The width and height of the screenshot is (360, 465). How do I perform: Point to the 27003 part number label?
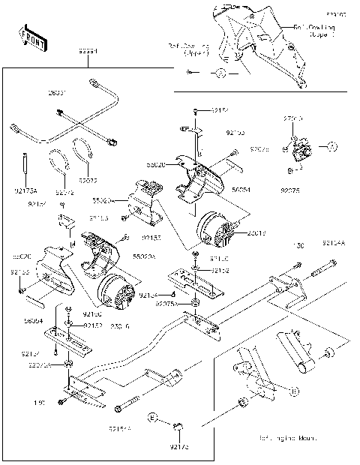[x=292, y=119]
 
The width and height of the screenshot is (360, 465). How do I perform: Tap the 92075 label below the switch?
[x=290, y=190]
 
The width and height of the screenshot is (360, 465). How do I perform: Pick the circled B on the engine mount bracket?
[x=293, y=391]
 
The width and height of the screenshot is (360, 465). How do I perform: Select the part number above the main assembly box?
[x=88, y=52]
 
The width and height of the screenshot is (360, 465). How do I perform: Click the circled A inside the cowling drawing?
[x=220, y=73]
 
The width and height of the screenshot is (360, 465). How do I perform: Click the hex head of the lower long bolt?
[x=118, y=409]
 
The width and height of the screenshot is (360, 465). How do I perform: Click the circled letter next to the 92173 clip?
[x=152, y=417]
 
